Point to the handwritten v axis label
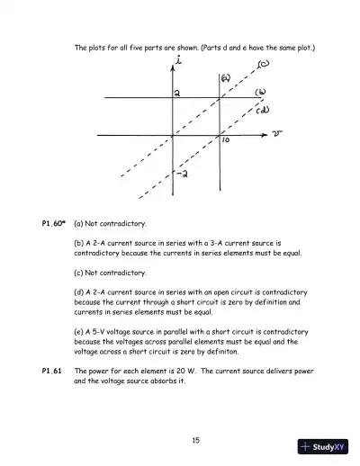(277, 135)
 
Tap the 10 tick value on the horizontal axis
(227, 142)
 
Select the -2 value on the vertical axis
(181, 173)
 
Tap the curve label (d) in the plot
(263, 111)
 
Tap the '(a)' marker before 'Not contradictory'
(79, 222)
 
